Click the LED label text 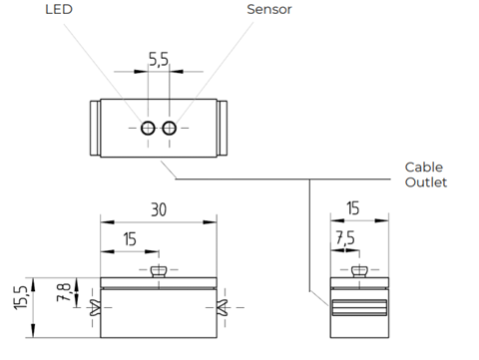tap(59, 9)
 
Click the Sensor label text tap(269, 9)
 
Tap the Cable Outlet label tap(426, 175)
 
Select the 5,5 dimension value tap(159, 59)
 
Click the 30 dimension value tap(159, 209)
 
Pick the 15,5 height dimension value tap(21, 298)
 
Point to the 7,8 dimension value tap(64, 292)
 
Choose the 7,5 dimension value tap(345, 237)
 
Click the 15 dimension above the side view tap(353, 208)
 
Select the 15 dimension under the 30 tap(130, 239)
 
